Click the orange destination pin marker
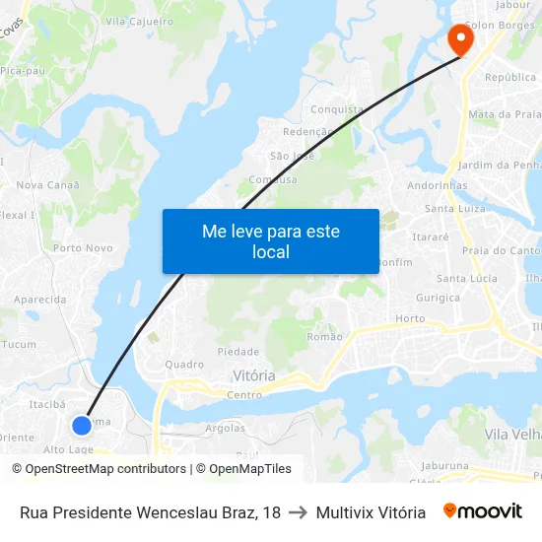tap(460, 38)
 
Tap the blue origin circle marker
tap(82, 425)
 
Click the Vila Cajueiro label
tap(139, 21)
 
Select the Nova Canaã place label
tap(47, 184)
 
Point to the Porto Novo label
tap(83, 248)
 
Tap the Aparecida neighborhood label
tap(40, 299)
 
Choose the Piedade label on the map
tap(237, 351)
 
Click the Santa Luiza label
tap(454, 208)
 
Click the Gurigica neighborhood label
tap(438, 297)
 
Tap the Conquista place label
tap(337, 110)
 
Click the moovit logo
tap(482, 511)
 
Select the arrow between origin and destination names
tap(298, 512)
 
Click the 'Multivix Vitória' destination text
tap(371, 512)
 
